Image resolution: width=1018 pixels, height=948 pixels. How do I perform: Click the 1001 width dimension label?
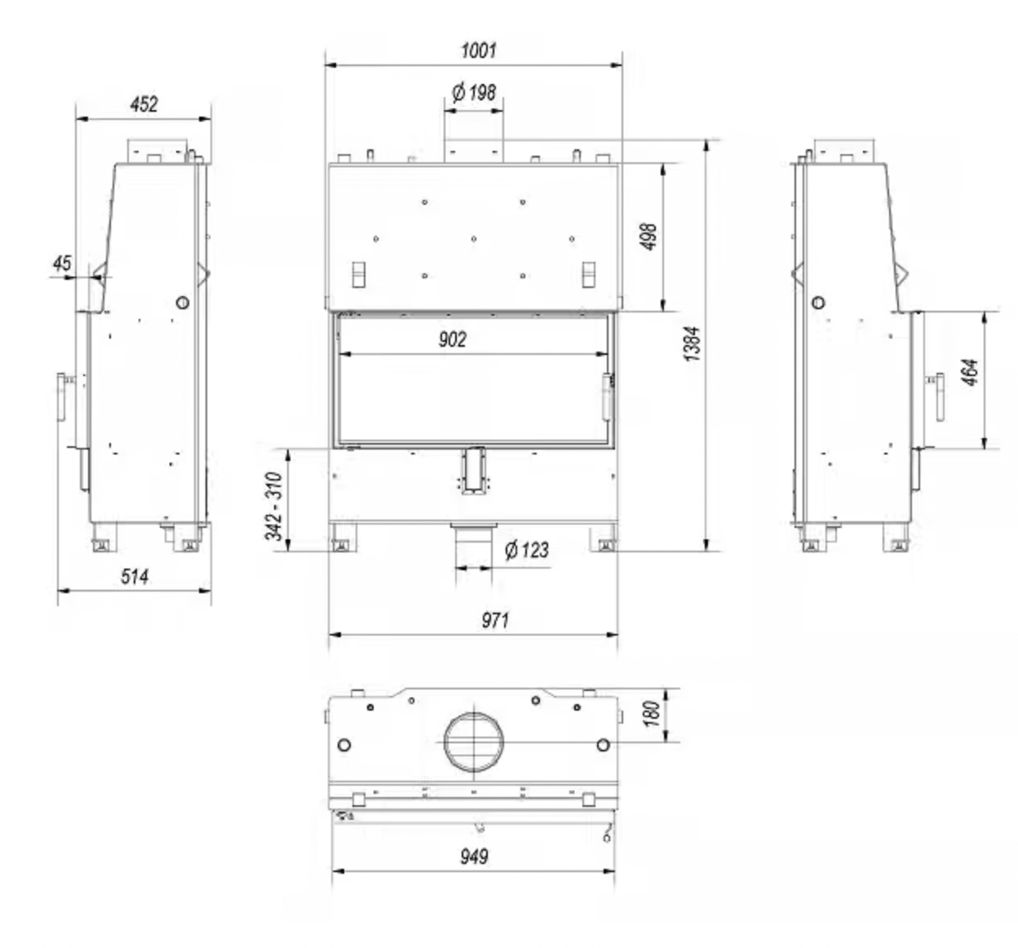(479, 51)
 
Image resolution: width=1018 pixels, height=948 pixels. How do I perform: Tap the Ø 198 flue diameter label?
(474, 92)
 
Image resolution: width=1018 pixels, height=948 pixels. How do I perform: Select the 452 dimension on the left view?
(144, 104)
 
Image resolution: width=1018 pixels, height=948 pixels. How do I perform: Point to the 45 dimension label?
(62, 264)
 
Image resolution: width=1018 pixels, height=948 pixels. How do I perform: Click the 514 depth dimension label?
(135, 577)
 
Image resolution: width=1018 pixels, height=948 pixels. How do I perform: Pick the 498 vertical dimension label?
(649, 237)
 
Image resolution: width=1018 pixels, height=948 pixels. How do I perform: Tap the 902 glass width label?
(453, 339)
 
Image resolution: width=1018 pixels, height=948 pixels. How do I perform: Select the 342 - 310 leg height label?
(274, 506)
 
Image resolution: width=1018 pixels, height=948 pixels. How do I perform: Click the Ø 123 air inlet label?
(527, 550)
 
